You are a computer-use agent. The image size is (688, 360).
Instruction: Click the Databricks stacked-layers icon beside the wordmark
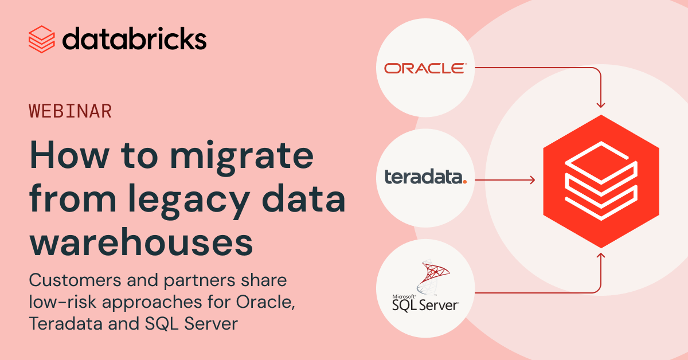[x=41, y=39]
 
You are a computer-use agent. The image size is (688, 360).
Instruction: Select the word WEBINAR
[x=70, y=111]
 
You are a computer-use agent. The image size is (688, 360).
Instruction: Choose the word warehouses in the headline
[x=141, y=242]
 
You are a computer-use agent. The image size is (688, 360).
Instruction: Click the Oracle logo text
[x=425, y=69]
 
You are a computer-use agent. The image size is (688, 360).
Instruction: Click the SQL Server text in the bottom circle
[x=425, y=305]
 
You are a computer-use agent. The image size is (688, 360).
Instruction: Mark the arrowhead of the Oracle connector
[x=601, y=105]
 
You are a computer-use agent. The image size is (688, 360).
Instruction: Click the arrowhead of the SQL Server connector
[x=601, y=254]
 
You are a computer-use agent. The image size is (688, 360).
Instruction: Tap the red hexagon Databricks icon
[x=601, y=179]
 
